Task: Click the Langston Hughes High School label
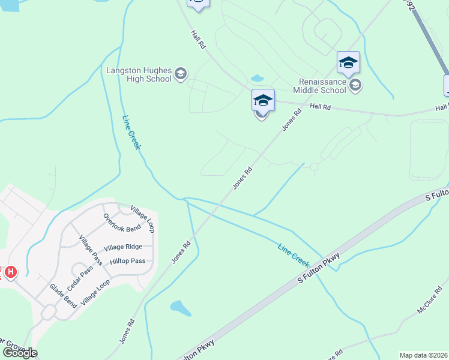(137, 74)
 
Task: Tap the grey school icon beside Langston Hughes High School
(180, 75)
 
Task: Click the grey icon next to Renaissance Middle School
(355, 85)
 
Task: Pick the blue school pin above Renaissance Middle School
(348, 62)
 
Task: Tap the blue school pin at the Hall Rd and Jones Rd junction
(263, 100)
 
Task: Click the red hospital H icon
(10, 273)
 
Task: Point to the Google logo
(19, 352)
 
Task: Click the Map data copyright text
(424, 355)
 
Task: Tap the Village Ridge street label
(122, 247)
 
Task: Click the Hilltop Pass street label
(127, 261)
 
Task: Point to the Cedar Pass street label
(80, 279)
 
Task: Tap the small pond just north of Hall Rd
(257, 78)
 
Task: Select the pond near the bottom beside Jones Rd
(180, 308)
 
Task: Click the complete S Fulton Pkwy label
(319, 268)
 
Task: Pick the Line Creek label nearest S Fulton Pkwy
(294, 256)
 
